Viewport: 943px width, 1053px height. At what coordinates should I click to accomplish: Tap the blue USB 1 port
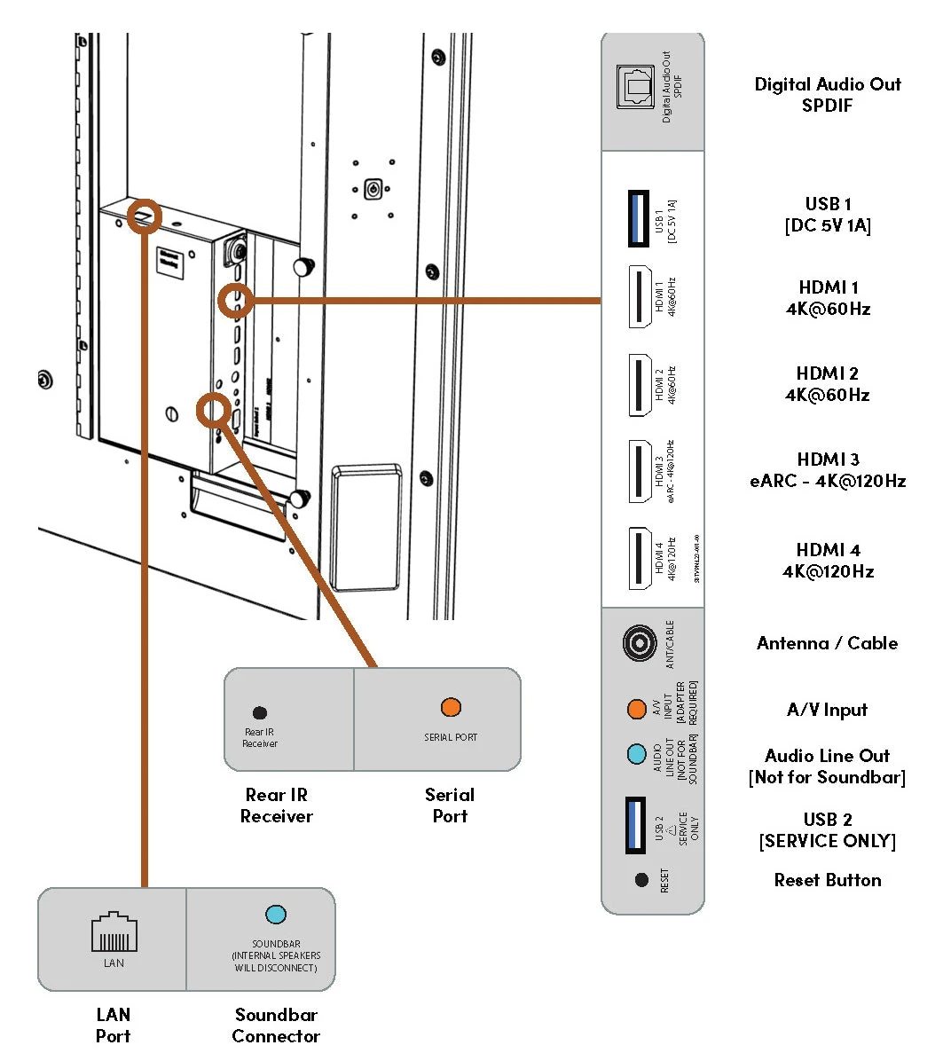pyautogui.click(x=637, y=217)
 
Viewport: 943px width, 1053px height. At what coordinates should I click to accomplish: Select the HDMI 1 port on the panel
pyautogui.click(x=639, y=296)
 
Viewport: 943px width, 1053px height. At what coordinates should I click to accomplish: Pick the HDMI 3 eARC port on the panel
pyautogui.click(x=639, y=471)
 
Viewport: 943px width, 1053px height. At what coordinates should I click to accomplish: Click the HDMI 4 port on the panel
pyautogui.click(x=639, y=558)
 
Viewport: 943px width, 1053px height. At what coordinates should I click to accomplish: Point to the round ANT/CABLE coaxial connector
pyautogui.click(x=639, y=643)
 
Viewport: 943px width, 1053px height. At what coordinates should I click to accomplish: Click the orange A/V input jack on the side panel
pyautogui.click(x=636, y=709)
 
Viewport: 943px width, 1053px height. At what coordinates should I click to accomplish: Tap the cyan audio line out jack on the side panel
pyautogui.click(x=636, y=755)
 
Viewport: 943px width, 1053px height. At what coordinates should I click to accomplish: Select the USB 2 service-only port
pyautogui.click(x=636, y=825)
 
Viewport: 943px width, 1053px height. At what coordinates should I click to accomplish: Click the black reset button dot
pyautogui.click(x=641, y=880)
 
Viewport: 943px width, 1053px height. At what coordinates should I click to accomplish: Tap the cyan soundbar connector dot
pyautogui.click(x=276, y=915)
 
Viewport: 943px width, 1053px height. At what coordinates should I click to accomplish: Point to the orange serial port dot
pyautogui.click(x=451, y=707)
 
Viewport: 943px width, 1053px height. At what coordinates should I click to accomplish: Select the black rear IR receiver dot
pyautogui.click(x=260, y=712)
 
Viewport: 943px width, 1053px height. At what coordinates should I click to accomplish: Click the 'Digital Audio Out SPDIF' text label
pyautogui.click(x=827, y=95)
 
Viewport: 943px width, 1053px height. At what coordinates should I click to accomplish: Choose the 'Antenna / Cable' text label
pyautogui.click(x=827, y=643)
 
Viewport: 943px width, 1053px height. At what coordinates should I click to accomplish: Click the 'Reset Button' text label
pyautogui.click(x=827, y=880)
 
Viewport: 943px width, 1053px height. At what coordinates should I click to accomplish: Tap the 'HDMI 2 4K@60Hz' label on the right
pyautogui.click(x=827, y=384)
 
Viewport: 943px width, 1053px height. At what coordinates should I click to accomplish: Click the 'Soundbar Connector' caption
pyautogui.click(x=276, y=1025)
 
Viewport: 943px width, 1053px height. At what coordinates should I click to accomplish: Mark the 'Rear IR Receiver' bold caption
pyautogui.click(x=276, y=805)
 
